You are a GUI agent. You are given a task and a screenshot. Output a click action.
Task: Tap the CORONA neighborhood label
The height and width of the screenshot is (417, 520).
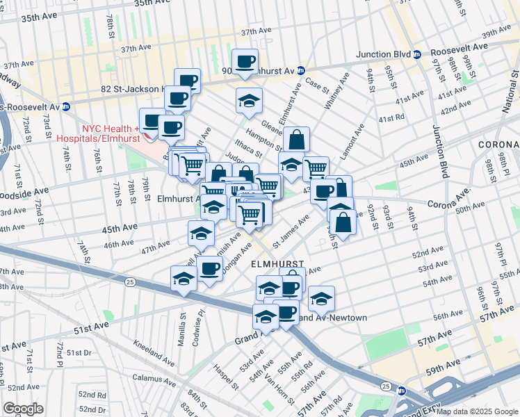[498, 144]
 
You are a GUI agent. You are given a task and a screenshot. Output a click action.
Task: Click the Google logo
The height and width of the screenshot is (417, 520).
[23, 409]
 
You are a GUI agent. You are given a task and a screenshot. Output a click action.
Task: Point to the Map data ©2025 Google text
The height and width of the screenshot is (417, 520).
[477, 411]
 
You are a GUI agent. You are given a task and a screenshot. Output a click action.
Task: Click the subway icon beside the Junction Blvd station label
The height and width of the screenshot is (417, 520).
[416, 54]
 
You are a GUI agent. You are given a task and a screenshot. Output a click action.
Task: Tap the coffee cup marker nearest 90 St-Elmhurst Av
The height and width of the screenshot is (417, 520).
[245, 61]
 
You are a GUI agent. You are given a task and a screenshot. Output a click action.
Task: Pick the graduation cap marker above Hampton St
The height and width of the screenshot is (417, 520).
[249, 101]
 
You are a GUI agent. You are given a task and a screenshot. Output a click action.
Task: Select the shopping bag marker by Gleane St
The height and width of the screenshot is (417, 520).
[296, 139]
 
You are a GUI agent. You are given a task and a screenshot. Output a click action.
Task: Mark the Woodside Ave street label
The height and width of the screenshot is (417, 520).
[24, 190]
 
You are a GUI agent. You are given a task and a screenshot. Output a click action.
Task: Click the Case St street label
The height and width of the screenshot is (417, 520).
[316, 85]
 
